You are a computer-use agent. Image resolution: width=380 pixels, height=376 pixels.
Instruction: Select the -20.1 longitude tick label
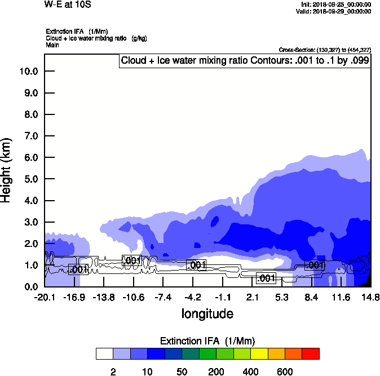coord(45,297)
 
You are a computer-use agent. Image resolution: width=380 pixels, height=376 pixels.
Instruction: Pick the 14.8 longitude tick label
coord(370,297)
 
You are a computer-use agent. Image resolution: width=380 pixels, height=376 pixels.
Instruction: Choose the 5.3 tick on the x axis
coord(282,297)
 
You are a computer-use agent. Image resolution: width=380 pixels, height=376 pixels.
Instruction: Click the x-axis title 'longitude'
coord(207,313)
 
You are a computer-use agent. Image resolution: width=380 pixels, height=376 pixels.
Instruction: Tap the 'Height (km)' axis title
coord(7,170)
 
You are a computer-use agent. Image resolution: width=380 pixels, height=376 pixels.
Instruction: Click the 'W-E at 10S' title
coord(67,5)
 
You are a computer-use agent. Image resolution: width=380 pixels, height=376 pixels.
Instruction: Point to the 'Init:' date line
coord(337,4)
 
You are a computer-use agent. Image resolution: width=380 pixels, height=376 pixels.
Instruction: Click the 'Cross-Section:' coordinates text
coord(325,50)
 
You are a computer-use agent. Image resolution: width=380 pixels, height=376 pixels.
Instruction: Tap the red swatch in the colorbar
coord(310,354)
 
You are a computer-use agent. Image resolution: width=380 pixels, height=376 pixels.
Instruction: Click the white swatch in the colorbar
coord(104,354)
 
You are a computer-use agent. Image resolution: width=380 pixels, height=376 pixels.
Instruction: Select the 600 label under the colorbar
coord(284,371)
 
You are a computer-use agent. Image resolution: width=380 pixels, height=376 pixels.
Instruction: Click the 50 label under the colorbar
coord(182,371)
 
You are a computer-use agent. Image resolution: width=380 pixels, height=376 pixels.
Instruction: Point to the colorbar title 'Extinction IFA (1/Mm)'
coord(207,341)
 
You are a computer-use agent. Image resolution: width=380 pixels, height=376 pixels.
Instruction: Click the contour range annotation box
coord(245,61)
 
